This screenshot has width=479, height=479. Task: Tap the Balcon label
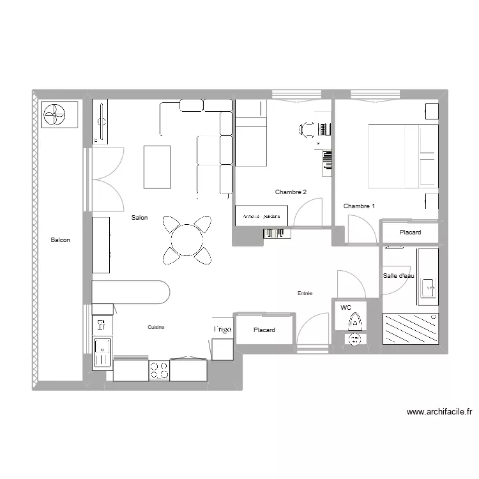[x=61, y=240]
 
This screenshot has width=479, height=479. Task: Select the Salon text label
[x=139, y=218]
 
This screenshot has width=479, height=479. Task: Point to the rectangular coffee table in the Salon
[x=157, y=167]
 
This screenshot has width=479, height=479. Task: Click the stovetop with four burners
[x=159, y=370]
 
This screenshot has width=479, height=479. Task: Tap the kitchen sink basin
[x=102, y=353]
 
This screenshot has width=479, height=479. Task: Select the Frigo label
[x=222, y=330]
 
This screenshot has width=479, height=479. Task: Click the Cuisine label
[x=156, y=327]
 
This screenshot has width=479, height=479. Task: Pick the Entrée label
[x=305, y=293]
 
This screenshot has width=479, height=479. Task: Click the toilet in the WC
[x=353, y=319]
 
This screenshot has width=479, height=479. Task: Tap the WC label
[x=346, y=307]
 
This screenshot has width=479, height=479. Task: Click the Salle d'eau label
[x=399, y=276]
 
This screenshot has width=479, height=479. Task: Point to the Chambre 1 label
[x=359, y=206]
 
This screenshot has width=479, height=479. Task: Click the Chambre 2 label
[x=291, y=192]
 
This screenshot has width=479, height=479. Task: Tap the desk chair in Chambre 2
[x=307, y=130]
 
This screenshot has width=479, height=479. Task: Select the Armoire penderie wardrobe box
[x=262, y=216]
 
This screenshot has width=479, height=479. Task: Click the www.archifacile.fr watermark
[x=439, y=413]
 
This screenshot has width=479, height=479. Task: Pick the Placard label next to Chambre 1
[x=410, y=232]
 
